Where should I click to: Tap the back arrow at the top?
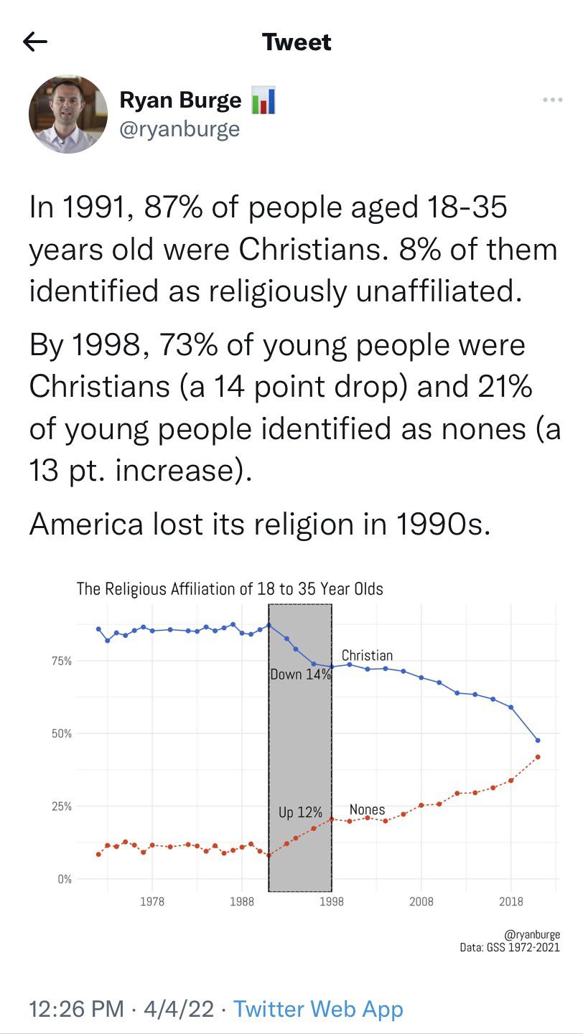coord(35,42)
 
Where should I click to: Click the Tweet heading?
coord(297,42)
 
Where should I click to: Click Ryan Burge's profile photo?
coord(68,114)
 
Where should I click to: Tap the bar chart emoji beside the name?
coord(263,101)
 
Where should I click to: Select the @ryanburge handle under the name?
coord(179,129)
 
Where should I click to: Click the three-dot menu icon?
coord(552,100)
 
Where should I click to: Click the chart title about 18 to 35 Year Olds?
coord(230,589)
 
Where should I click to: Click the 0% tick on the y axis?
coord(65,879)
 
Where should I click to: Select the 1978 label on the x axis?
coord(152,902)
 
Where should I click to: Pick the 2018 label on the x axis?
coord(511,902)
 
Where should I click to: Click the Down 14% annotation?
coord(300,675)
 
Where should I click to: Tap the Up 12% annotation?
coord(300,812)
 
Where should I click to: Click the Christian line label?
coord(367,655)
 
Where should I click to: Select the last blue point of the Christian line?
coord(538,741)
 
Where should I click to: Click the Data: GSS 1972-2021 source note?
coord(510,947)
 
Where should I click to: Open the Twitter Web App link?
coord(318,1009)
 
